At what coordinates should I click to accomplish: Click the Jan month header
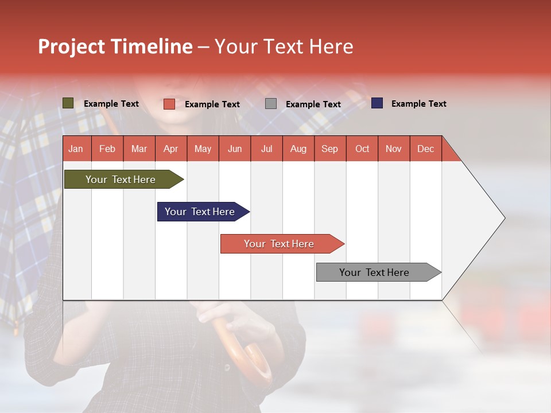76,149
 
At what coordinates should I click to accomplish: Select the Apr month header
171,149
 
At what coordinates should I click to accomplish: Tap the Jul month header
267,149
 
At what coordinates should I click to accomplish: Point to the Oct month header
362,149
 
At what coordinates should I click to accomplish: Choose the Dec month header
425,149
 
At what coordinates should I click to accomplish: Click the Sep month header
329,149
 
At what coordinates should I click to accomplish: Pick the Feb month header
107,149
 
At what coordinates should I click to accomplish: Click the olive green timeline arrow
124,179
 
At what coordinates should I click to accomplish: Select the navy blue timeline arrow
203,212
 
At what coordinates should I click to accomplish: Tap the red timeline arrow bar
282,244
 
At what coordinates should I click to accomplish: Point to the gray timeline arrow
379,272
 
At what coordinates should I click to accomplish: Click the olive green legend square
68,103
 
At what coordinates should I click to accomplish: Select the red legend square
169,104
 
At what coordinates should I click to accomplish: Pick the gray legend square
271,104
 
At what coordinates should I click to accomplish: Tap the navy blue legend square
377,103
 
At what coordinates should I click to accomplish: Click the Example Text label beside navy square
419,104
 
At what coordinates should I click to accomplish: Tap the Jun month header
235,149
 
